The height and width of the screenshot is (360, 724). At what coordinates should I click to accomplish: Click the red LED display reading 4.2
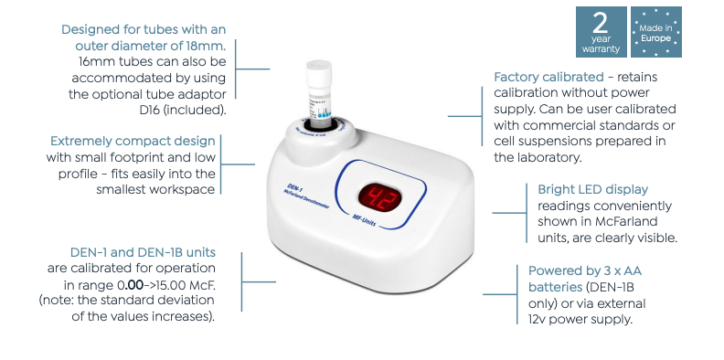point(379,198)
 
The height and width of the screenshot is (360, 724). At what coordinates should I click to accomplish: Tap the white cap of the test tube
point(319,72)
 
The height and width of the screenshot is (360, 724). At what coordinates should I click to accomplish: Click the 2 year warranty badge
point(602,32)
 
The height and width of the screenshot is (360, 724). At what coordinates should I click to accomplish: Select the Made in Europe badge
point(656,32)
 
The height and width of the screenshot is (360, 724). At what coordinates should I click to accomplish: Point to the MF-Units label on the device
point(365,220)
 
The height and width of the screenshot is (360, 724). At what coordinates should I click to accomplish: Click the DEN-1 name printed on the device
point(294,189)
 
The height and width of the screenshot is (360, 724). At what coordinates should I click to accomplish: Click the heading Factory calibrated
point(548,77)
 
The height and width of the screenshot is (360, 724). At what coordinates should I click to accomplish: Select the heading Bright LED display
point(593,189)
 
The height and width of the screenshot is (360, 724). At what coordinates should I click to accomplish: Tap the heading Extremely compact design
point(133,141)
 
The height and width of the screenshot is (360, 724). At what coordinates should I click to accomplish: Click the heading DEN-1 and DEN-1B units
point(143,252)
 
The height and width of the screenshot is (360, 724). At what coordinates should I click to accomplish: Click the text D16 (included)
point(179,111)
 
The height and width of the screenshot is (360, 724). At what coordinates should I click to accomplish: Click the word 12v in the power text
point(538,320)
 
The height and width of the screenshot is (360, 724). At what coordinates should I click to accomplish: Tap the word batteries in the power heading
point(555,287)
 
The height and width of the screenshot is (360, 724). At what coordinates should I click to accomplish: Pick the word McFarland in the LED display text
point(626,221)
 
